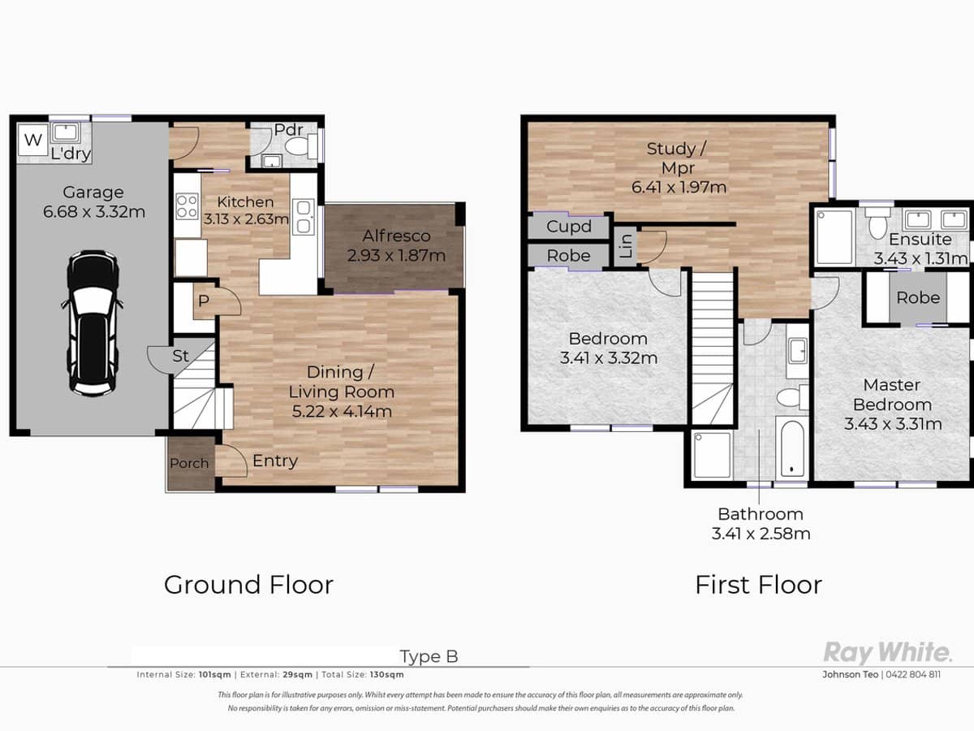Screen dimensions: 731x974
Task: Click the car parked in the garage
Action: (x=91, y=322)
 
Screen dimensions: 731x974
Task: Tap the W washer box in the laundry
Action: (x=32, y=140)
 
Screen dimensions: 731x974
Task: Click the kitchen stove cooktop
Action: (x=187, y=205)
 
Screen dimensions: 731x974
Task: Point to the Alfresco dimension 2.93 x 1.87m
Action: (x=396, y=256)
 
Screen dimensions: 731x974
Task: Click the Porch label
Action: (x=189, y=463)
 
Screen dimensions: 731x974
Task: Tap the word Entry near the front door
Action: (x=275, y=461)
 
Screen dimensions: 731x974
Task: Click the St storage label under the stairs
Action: (x=181, y=356)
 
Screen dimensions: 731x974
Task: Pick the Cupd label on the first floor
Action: (x=568, y=227)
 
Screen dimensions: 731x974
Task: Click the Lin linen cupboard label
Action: (x=625, y=246)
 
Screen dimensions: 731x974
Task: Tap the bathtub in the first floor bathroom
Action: (x=791, y=448)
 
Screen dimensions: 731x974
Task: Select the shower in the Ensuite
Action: (x=834, y=237)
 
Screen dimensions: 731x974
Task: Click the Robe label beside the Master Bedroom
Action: (x=918, y=298)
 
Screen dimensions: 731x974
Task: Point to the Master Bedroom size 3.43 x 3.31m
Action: (x=893, y=424)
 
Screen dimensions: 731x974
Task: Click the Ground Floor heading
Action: (x=248, y=585)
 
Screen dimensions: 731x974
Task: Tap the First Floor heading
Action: (x=758, y=585)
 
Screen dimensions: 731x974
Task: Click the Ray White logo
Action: (x=886, y=652)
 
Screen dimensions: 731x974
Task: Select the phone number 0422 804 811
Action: (x=913, y=675)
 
